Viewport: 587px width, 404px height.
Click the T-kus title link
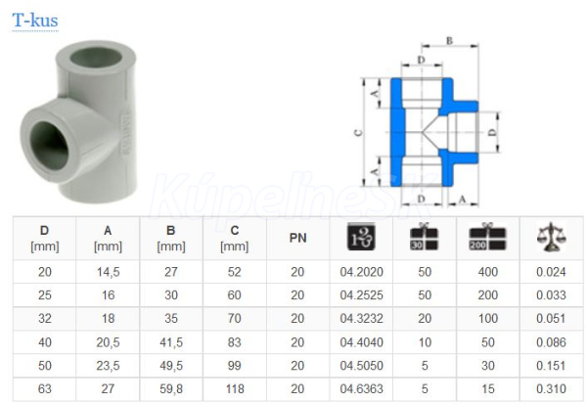click(x=35, y=21)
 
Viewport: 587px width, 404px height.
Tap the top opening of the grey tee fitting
click(x=96, y=58)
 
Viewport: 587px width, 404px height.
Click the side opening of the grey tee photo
click(x=49, y=146)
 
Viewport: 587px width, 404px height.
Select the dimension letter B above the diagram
click(x=450, y=40)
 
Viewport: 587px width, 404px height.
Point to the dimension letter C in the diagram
click(x=358, y=132)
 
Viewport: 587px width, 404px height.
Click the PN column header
click(x=297, y=238)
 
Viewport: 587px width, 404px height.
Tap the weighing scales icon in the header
click(x=551, y=237)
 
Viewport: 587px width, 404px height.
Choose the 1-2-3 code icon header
click(x=361, y=237)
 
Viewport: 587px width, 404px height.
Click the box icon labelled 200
click(x=487, y=237)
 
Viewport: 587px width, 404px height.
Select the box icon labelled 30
click(x=425, y=237)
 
